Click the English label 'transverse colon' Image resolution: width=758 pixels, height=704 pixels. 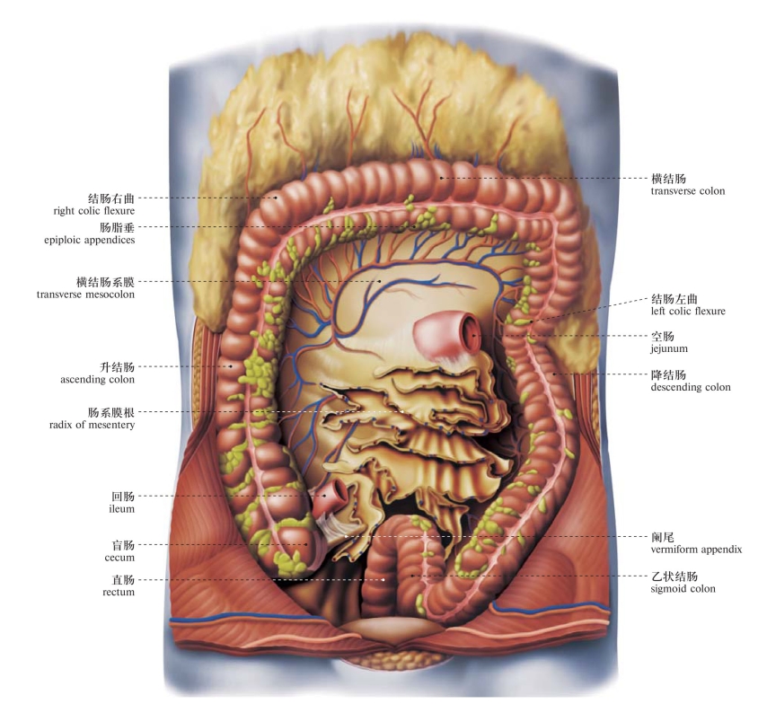point(687,191)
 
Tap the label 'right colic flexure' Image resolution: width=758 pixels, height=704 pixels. point(94,211)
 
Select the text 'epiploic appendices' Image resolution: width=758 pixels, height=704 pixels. point(90,240)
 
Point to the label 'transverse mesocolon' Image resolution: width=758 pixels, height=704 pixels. point(85,295)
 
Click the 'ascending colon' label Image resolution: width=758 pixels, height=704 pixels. point(97,379)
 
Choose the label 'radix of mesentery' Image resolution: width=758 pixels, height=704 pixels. point(92,425)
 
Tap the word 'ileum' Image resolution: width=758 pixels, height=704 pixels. point(122,509)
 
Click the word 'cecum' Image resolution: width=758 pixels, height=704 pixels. point(119,558)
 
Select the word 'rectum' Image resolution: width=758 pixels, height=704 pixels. point(119,592)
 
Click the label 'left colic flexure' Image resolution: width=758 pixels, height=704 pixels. point(688,312)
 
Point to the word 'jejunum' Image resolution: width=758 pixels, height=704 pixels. point(669,348)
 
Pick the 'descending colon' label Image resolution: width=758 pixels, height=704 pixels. point(691,387)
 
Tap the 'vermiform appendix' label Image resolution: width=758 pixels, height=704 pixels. point(696,550)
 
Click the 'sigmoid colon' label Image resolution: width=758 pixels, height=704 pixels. point(683,588)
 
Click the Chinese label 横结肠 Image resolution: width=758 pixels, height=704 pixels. point(668,179)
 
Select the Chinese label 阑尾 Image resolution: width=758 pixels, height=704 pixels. point(662,536)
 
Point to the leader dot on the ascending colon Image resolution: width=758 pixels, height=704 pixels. point(231,366)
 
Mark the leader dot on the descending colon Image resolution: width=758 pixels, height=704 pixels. point(554,374)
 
